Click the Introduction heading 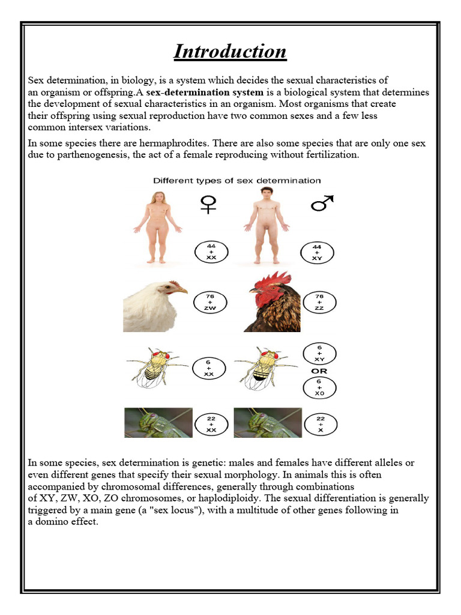coord(230,52)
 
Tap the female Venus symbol coord(207,204)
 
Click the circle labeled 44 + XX coord(210,251)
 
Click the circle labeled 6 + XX coord(209,367)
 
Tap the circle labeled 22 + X coord(320,424)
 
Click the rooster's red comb coord(273,279)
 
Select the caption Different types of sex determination coord(237,180)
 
